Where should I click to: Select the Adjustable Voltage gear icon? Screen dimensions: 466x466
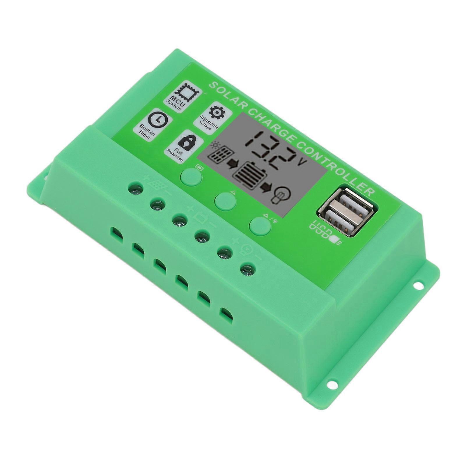pyautogui.click(x=217, y=112)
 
